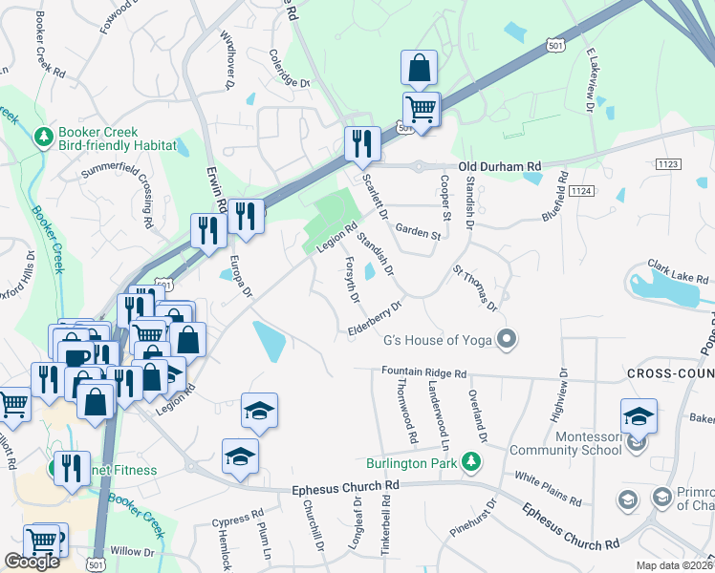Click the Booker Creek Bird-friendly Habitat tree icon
(x=43, y=138)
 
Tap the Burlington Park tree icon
(x=469, y=463)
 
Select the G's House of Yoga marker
(x=509, y=339)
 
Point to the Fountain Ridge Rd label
(x=423, y=373)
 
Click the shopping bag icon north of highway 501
(x=419, y=69)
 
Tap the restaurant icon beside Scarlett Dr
(x=362, y=144)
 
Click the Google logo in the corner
(x=32, y=562)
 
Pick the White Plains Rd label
(x=548, y=487)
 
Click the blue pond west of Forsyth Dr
(x=269, y=342)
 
